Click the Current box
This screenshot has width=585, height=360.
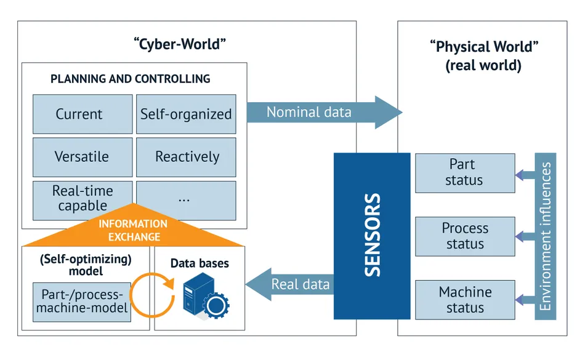(x=82, y=114)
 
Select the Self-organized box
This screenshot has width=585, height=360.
(x=185, y=114)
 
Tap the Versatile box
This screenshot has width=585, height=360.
(x=82, y=157)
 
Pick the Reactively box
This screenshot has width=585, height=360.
(x=185, y=157)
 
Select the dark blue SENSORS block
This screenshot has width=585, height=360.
(x=372, y=236)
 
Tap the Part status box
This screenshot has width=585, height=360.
(x=464, y=173)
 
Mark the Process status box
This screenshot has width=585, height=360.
(x=464, y=236)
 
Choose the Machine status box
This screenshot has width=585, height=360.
(x=464, y=300)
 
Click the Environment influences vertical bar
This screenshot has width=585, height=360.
(x=546, y=236)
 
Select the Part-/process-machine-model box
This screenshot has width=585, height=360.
(x=82, y=302)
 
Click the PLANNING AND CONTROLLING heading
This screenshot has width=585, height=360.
(x=130, y=79)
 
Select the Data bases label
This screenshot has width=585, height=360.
(x=200, y=263)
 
